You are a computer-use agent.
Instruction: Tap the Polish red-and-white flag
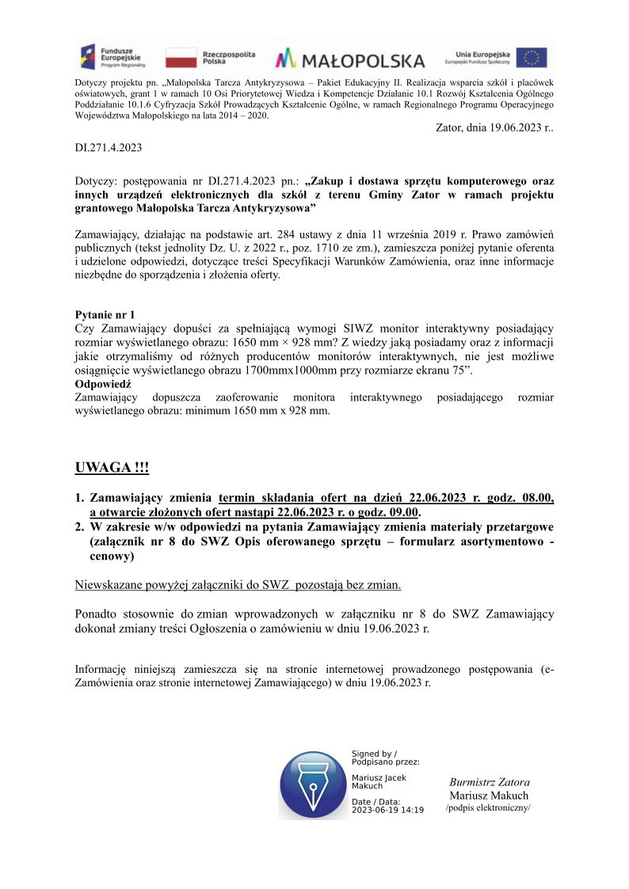coord(181,58)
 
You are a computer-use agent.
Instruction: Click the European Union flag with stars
coord(532,57)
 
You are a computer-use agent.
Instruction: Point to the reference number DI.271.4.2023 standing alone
coord(109,148)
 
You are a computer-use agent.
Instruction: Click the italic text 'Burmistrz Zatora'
coord(490,782)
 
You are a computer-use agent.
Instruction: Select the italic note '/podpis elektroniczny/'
coord(488,807)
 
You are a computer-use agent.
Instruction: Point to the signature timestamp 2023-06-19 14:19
coord(387,810)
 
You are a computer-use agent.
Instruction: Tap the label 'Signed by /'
coord(374,754)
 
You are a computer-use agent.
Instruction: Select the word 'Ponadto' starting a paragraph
coord(95,614)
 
